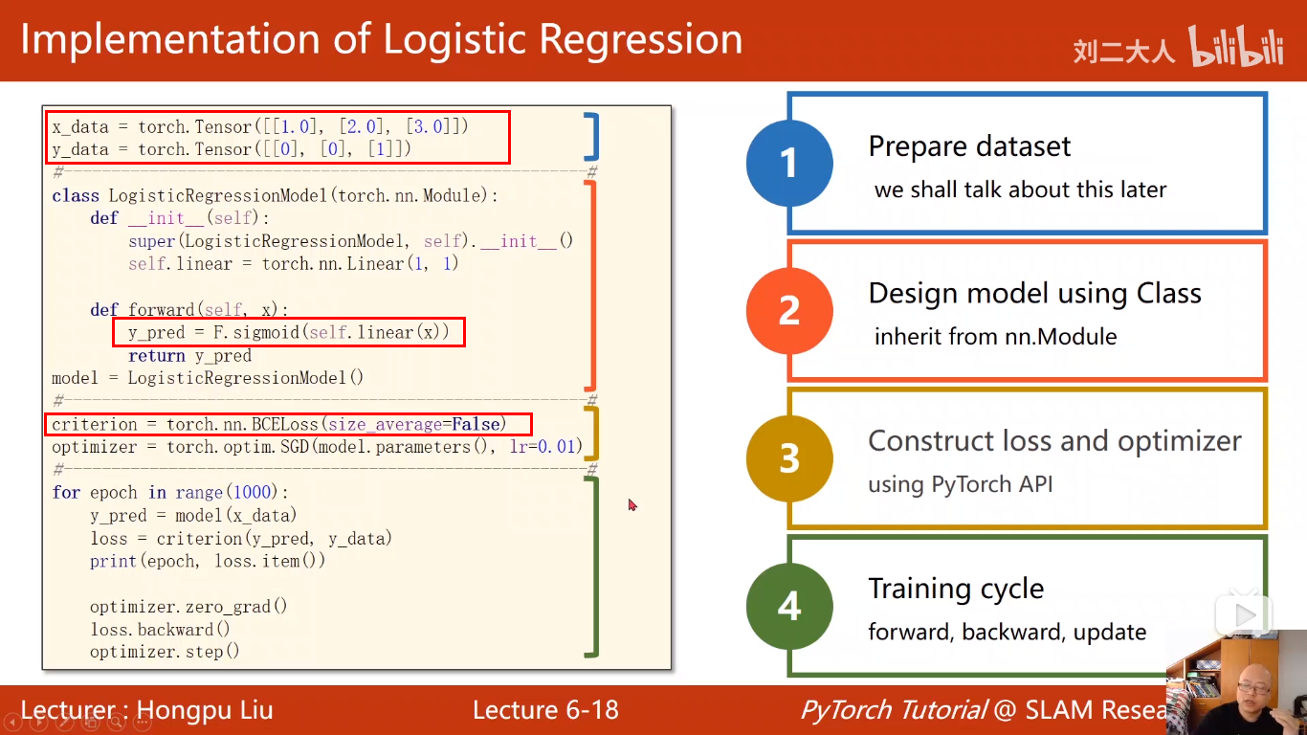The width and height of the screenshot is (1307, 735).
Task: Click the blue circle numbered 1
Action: (788, 163)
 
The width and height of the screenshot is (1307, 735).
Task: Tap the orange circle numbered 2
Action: (788, 311)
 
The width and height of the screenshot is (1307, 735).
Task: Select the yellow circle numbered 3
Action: (788, 458)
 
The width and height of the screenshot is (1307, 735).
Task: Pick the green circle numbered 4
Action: (788, 607)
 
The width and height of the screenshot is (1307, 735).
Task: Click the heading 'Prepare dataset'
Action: (969, 146)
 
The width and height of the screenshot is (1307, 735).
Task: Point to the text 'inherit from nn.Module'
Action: (995, 337)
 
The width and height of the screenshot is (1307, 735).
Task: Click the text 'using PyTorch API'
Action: (960, 484)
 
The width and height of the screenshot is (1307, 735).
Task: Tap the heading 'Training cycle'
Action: (956, 589)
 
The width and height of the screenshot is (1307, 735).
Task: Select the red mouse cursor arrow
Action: (632, 504)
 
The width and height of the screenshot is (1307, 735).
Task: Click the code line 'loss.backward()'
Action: (161, 630)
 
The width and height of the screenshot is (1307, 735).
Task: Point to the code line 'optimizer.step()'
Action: (165, 653)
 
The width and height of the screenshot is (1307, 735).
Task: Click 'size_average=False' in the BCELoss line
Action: (416, 424)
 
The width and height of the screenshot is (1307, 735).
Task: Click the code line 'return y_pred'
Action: (189, 356)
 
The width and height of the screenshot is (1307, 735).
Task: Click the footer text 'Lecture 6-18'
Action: (545, 710)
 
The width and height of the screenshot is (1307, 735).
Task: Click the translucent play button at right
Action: (1244, 615)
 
